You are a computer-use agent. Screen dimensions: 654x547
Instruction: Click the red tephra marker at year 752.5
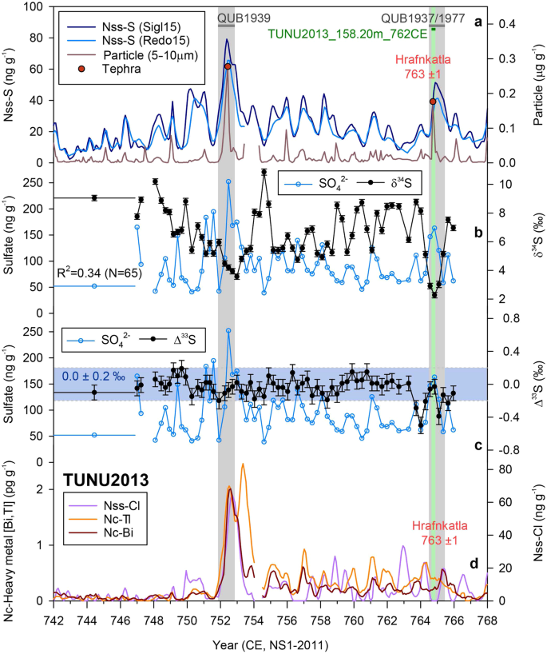[228, 66]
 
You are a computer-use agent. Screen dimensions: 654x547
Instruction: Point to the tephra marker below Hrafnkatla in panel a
[433, 102]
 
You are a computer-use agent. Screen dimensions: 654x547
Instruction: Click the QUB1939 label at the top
[226, 16]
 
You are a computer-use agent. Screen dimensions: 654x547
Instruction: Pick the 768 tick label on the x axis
[487, 619]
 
